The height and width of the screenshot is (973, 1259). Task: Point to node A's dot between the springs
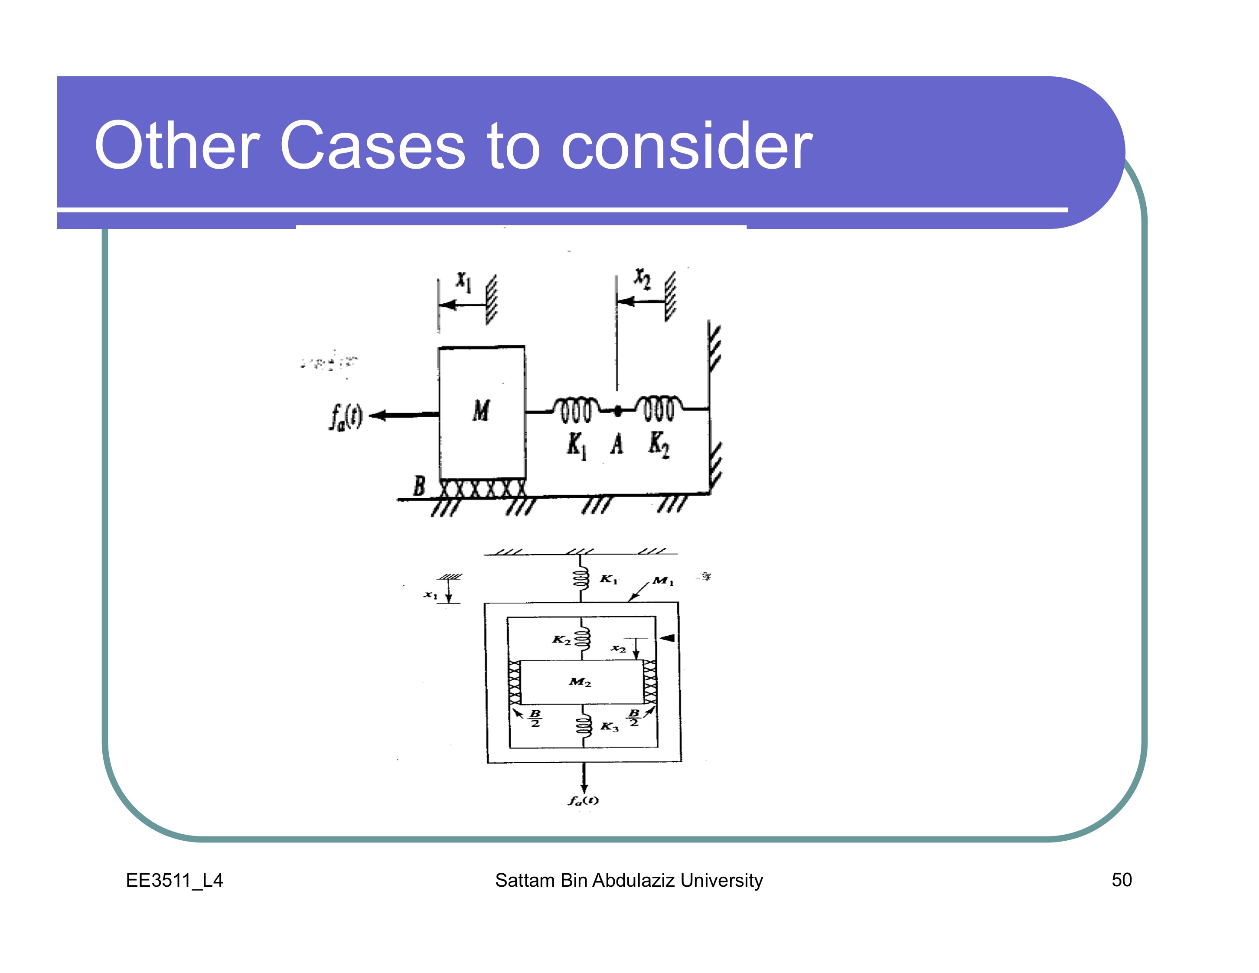pyautogui.click(x=617, y=411)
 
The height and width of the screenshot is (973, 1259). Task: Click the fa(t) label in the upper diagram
pyautogui.click(x=346, y=416)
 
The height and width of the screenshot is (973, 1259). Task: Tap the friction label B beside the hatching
pyautogui.click(x=419, y=486)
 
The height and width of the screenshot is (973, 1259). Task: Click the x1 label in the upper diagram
pyautogui.click(x=464, y=282)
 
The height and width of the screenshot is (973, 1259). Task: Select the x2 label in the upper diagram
pyautogui.click(x=642, y=278)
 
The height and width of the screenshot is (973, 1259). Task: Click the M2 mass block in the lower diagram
pyautogui.click(x=581, y=682)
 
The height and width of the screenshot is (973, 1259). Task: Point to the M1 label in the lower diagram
pyautogui.click(x=663, y=581)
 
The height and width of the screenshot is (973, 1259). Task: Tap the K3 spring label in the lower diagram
pyautogui.click(x=609, y=726)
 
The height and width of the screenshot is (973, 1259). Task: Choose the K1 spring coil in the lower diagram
pyautogui.click(x=581, y=578)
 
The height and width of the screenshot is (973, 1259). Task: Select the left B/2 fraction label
pyautogui.click(x=535, y=718)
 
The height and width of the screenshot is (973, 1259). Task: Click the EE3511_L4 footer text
pyautogui.click(x=174, y=880)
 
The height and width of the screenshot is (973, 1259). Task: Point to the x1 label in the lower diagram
pyautogui.click(x=430, y=594)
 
